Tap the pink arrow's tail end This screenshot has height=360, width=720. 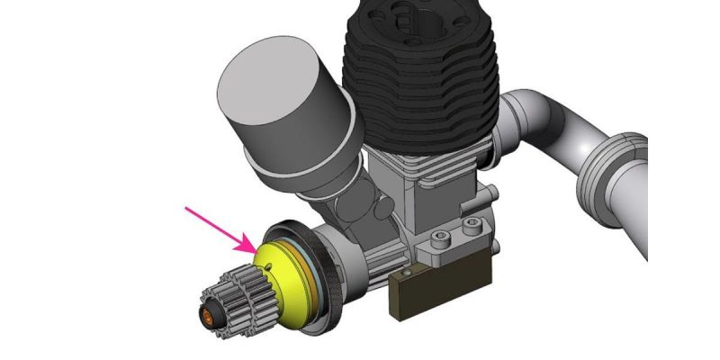pyautogui.click(x=186, y=209)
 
